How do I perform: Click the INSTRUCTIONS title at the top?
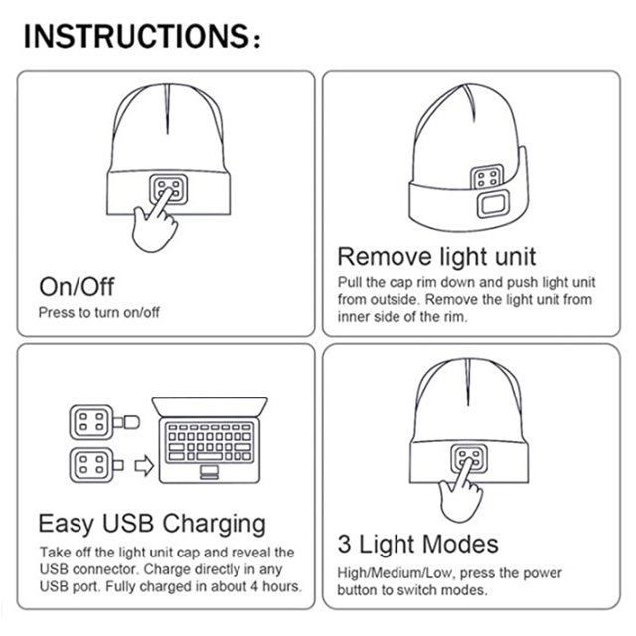[142, 36]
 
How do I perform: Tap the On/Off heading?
[77, 287]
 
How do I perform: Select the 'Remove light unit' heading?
[436, 257]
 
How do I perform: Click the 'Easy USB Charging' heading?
[152, 524]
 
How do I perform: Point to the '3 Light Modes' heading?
[417, 544]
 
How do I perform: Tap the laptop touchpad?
[210, 472]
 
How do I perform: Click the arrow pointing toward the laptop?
[144, 466]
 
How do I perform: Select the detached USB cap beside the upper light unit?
[131, 422]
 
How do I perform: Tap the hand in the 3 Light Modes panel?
[461, 491]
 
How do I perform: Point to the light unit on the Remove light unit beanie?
[487, 177]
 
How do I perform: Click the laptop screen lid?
[210, 407]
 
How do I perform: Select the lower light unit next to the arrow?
[91, 465]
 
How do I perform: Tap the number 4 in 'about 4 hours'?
[254, 586]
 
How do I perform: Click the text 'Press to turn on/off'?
[98, 313]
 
